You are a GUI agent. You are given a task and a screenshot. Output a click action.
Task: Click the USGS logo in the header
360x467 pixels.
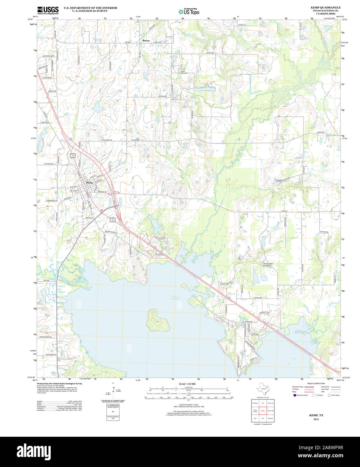48,9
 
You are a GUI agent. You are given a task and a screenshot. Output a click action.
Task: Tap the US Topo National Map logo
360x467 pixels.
189,11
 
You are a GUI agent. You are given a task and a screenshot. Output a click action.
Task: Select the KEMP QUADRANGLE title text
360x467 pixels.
325,7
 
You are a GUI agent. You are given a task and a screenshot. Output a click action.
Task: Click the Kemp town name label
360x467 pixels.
89,182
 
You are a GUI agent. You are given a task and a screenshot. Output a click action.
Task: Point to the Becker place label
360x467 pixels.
146,40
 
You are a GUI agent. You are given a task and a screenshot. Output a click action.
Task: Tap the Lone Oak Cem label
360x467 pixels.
183,72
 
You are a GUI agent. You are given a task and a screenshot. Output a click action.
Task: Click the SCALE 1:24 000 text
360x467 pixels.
187,384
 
